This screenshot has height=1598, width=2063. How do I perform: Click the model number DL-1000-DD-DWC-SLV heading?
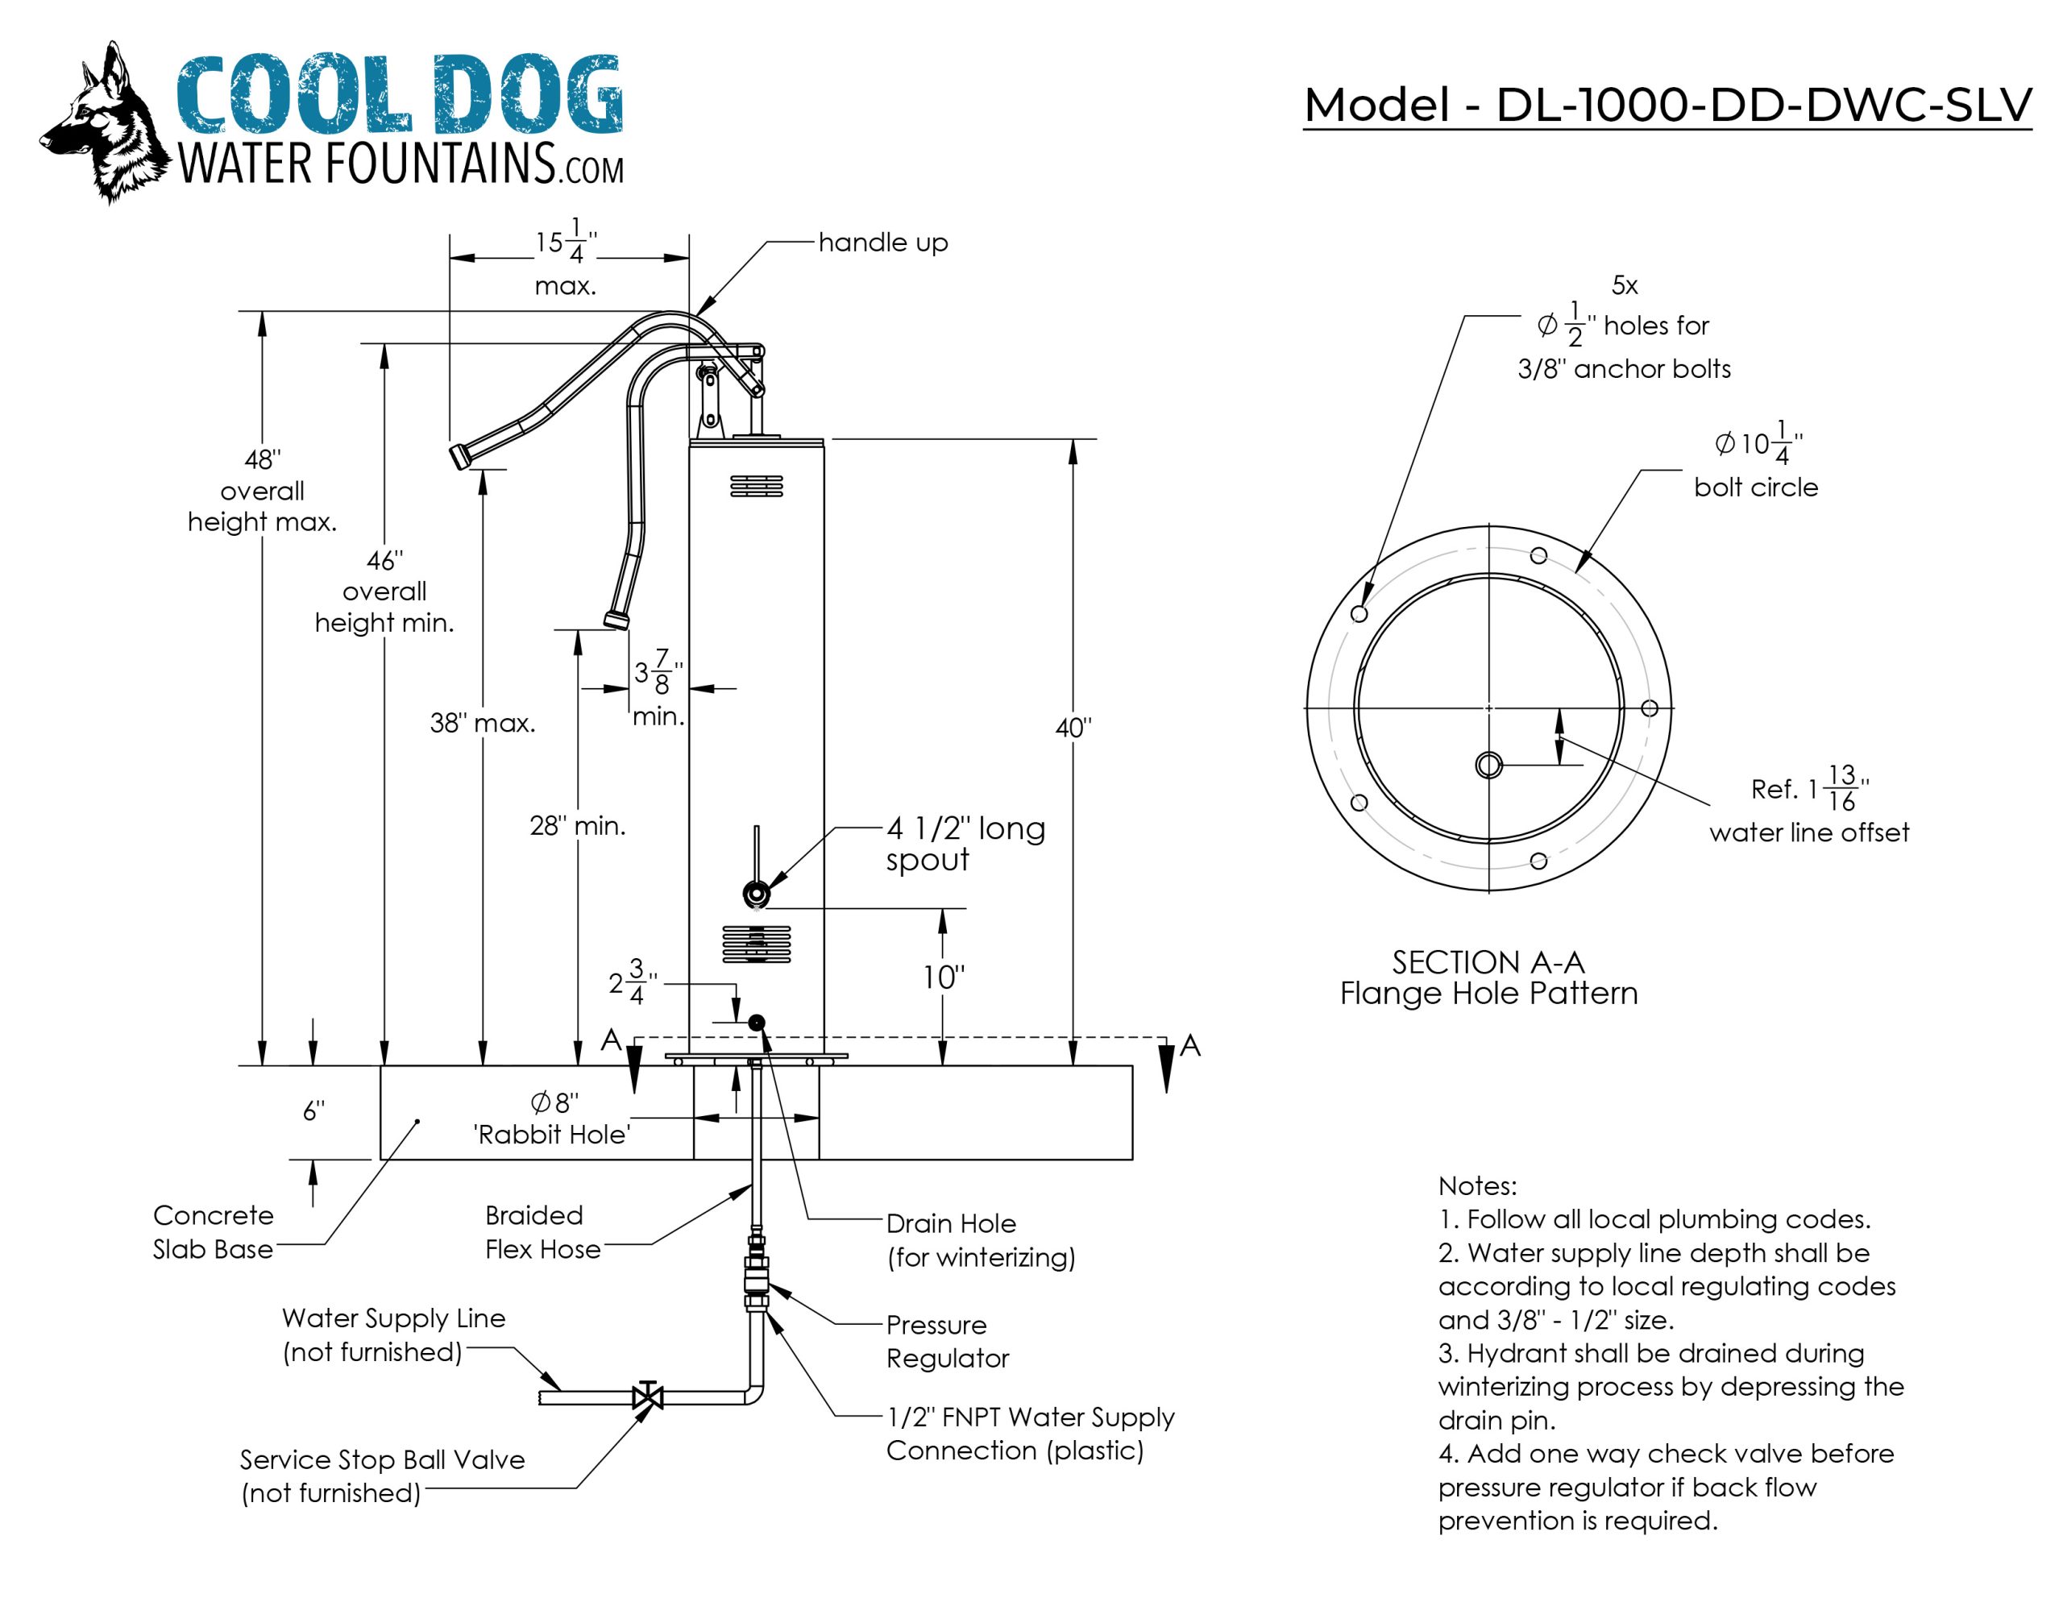coord(1667,105)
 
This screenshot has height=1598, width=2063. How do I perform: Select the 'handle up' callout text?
coord(882,243)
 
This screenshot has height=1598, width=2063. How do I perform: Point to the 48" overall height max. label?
coord(262,491)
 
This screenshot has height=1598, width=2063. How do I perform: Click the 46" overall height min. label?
coord(384,592)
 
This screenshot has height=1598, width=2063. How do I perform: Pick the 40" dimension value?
coord(1073,728)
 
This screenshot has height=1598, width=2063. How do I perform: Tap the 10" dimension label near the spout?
coord(943,977)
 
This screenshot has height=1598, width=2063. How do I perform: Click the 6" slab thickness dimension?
coord(313,1111)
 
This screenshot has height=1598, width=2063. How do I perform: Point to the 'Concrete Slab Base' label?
coord(214,1232)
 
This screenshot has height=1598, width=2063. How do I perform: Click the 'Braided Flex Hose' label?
coord(542,1232)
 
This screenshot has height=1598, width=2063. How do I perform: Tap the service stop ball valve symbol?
coord(648,1396)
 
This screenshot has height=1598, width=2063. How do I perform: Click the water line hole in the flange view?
coord(1488,765)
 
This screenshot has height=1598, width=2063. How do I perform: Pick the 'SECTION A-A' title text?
coord(1488,962)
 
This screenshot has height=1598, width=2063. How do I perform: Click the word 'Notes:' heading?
coord(1477,1185)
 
